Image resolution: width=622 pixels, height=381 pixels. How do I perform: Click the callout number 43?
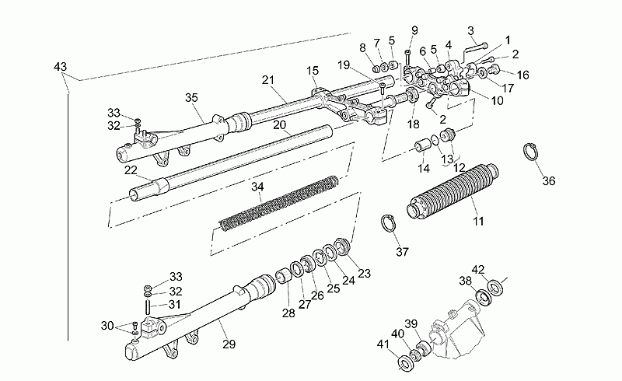pyautogui.click(x=61, y=67)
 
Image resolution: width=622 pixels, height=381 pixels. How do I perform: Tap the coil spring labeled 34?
pyautogui.click(x=279, y=203)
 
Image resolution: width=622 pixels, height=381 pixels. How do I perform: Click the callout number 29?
pyautogui.click(x=229, y=344)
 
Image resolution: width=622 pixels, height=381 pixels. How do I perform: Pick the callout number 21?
pyautogui.click(x=268, y=80)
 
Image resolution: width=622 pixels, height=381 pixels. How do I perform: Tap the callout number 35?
pyautogui.click(x=191, y=98)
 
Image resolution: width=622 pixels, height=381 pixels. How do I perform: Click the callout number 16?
pyautogui.click(x=523, y=75)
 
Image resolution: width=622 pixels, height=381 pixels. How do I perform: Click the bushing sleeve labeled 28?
pyautogui.click(x=283, y=276)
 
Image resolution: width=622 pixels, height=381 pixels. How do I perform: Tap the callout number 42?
pyautogui.click(x=478, y=270)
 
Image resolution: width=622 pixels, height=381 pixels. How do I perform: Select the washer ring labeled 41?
pyautogui.click(x=406, y=363)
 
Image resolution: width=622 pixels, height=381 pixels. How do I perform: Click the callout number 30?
pyautogui.click(x=107, y=326)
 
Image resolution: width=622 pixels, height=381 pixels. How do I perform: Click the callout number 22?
pyautogui.click(x=131, y=170)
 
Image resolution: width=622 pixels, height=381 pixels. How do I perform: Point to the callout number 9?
pyautogui.click(x=414, y=30)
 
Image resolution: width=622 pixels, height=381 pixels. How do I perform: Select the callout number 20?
pyautogui.click(x=279, y=125)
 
